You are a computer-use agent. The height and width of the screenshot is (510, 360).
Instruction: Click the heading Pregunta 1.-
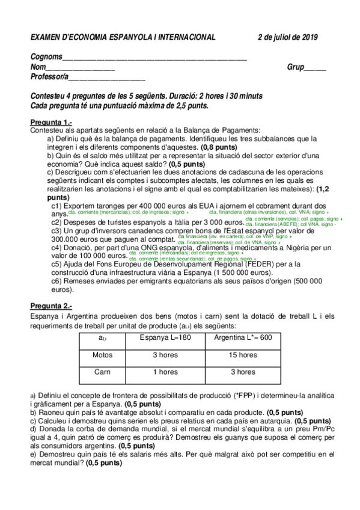click(x=51, y=123)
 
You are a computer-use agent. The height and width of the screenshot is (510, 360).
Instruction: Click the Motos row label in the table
click(x=102, y=355)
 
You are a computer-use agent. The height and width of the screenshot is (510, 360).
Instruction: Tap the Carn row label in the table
click(x=102, y=372)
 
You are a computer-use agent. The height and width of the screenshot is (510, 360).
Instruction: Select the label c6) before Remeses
click(x=58, y=280)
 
